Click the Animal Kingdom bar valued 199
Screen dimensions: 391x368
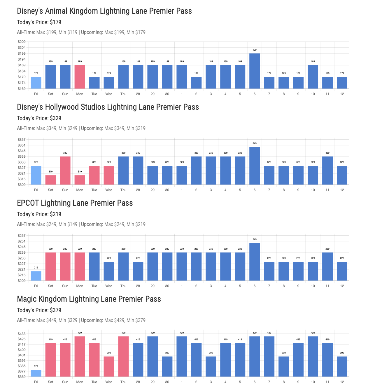coord(255,71)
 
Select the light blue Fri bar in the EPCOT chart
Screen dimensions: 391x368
coord(36,276)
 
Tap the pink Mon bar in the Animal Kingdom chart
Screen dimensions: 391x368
coord(80,77)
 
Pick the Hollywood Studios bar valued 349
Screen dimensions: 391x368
coord(255,166)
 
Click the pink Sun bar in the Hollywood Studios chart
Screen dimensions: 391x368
coord(65,170)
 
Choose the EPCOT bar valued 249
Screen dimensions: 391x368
coord(255,262)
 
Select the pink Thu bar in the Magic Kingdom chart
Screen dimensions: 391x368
coord(123,356)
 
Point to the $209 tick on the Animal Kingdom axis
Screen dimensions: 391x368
coord(22,42)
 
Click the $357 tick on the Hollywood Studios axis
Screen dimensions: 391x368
coord(22,140)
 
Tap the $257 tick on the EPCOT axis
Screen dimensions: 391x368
coord(22,236)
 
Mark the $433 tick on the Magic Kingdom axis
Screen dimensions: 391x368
coord(22,334)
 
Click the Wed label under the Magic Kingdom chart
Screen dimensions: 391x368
coord(109,382)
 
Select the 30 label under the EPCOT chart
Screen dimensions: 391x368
coord(167,286)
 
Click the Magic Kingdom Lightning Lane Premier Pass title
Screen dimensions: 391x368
coord(89,299)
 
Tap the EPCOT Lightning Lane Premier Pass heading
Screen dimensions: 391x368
coord(75,203)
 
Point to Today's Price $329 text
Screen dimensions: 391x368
coord(39,118)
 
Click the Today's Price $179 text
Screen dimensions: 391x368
coord(39,22)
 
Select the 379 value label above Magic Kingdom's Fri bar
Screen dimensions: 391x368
coord(36,366)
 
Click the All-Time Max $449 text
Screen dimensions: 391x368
coord(47,320)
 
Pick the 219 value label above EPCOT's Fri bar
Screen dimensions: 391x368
coord(36,268)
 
